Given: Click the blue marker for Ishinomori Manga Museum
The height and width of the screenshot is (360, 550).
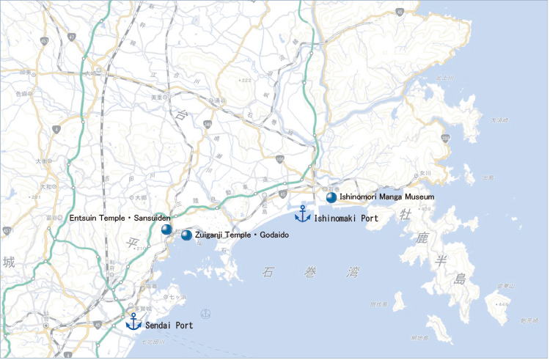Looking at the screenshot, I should (331, 197).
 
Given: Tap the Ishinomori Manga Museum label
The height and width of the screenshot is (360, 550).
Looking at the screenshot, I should (386, 197).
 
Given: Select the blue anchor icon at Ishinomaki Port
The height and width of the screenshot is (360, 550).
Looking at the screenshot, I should (301, 214).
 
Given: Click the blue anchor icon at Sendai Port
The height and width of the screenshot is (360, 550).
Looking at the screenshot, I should (133, 321).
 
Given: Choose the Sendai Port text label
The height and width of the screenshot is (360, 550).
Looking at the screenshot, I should (169, 325).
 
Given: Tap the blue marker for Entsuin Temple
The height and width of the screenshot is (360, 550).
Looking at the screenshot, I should (166, 229).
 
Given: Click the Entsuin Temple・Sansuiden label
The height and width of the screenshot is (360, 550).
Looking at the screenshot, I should (120, 218).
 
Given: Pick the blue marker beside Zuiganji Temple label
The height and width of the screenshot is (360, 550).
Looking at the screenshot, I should (186, 235).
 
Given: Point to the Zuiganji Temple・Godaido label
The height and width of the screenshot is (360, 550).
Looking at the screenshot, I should (242, 235).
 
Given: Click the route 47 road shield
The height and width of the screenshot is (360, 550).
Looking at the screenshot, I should (399, 12).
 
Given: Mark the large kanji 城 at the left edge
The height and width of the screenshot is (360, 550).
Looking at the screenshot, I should (8, 262).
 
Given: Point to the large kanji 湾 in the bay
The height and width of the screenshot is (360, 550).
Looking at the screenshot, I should (354, 273).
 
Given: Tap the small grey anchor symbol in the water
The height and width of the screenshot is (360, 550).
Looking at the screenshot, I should (206, 314).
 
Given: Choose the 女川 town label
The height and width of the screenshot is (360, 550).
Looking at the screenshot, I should (423, 172).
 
